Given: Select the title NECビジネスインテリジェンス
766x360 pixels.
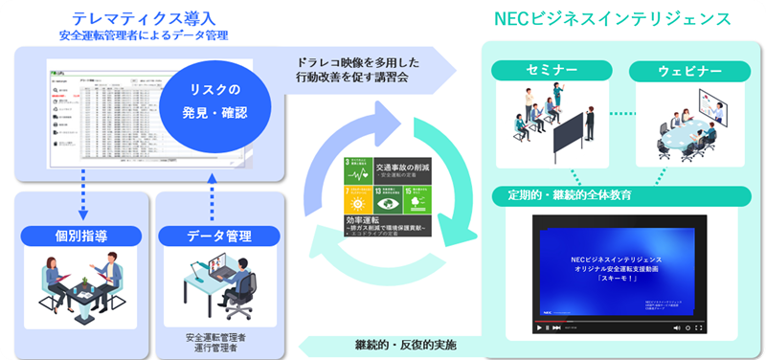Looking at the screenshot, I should click(x=612, y=19).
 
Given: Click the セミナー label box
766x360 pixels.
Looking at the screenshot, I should click(x=552, y=71).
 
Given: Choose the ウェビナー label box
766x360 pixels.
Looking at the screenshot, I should click(x=683, y=71).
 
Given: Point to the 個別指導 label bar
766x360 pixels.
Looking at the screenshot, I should click(x=79, y=236).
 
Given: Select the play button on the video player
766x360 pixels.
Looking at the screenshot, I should click(x=540, y=326).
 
